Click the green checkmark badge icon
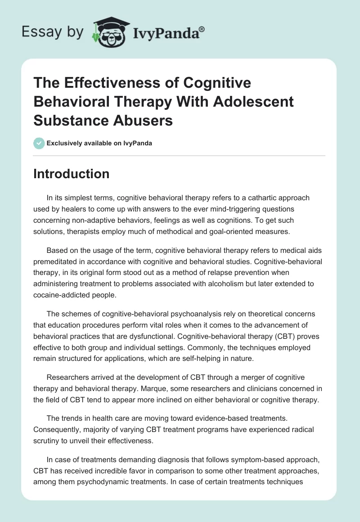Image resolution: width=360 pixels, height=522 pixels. [39, 143]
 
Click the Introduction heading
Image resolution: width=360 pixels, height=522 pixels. [71, 174]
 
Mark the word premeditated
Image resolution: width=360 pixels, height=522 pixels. [55, 261]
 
